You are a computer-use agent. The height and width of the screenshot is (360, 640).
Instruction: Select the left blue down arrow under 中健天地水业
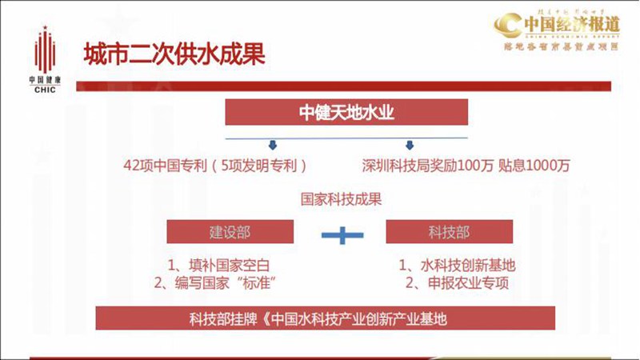click(x=273, y=146)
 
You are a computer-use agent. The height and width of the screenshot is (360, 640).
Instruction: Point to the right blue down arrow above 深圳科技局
click(x=409, y=146)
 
